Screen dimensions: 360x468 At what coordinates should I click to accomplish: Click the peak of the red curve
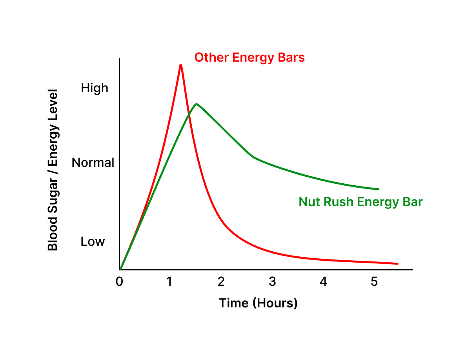pyautogui.click(x=180, y=65)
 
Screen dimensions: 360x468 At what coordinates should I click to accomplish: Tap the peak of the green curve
pyautogui.click(x=196, y=104)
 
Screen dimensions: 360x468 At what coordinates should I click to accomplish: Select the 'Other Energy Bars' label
pyautogui.click(x=249, y=58)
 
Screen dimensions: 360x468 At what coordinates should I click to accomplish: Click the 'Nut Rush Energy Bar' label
pyautogui.click(x=361, y=202)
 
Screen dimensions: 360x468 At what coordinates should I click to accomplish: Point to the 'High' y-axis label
pyautogui.click(x=95, y=88)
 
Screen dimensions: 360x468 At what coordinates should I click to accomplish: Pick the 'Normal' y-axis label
pyautogui.click(x=93, y=163)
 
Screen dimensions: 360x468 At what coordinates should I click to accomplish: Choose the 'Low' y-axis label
pyautogui.click(x=93, y=241)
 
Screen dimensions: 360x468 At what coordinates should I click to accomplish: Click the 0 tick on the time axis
pyautogui.click(x=119, y=282)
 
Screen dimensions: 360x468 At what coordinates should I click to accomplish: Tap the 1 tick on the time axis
pyautogui.click(x=169, y=282)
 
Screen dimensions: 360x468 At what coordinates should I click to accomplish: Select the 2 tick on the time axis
pyautogui.click(x=221, y=282)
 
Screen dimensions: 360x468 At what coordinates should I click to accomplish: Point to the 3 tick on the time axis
pyautogui.click(x=272, y=282)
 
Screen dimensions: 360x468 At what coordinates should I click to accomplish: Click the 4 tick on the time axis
pyautogui.click(x=323, y=282)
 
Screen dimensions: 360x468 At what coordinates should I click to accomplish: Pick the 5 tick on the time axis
pyautogui.click(x=374, y=282)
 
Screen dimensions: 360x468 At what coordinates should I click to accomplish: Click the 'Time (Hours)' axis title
pyautogui.click(x=258, y=303)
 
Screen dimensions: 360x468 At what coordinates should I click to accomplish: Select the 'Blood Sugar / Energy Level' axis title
pyautogui.click(x=53, y=170)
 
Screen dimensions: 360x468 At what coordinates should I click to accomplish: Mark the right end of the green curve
pyautogui.click(x=379, y=189)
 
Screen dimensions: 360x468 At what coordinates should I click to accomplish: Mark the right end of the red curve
pyautogui.click(x=398, y=263)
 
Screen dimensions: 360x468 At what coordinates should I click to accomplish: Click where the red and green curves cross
pyautogui.click(x=189, y=113)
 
